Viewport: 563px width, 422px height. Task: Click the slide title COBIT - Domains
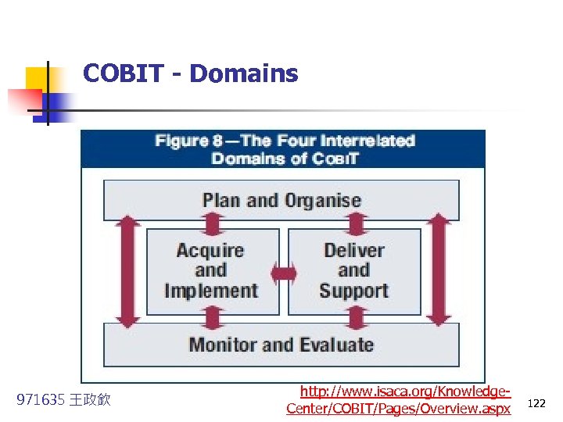pos(190,73)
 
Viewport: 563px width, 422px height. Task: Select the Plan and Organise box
pos(281,200)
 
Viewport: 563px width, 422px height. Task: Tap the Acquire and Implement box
pos(211,270)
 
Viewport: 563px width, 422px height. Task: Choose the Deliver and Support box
pos(353,270)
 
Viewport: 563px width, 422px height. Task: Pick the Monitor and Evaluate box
pos(281,345)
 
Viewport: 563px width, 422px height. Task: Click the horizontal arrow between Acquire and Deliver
pos(284,273)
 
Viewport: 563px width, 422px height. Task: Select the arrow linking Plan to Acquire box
pos(212,224)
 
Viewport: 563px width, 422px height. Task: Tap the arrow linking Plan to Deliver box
pos(355,224)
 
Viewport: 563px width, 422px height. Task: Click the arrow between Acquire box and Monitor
pos(212,319)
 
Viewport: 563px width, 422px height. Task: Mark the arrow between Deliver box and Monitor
pos(355,319)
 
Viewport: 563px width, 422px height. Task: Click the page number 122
pos(536,403)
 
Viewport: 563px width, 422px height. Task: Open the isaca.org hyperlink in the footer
pos(399,399)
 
